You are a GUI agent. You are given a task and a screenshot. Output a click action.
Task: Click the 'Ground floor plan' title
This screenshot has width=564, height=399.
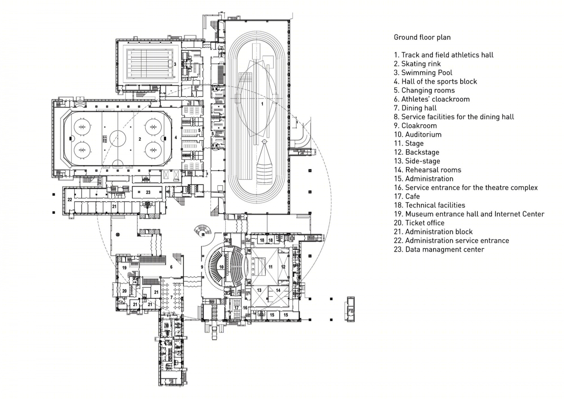pos(422,38)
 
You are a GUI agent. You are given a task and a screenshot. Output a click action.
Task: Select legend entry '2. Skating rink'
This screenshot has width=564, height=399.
pos(417,64)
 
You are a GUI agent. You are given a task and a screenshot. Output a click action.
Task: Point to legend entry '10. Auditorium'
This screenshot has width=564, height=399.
pos(418,135)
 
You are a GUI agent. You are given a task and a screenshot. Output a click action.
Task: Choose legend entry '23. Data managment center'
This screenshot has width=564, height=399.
pos(439,249)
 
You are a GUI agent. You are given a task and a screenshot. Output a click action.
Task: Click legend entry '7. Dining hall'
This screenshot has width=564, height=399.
pos(415,108)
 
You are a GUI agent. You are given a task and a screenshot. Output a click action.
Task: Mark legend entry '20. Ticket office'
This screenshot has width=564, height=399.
pos(419,223)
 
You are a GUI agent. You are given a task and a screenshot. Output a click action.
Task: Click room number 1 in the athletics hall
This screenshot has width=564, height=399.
pos(262,104)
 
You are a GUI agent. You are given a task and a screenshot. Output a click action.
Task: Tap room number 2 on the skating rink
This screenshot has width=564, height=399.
pos(140,139)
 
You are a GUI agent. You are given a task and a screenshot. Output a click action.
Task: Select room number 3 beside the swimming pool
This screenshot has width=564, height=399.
pos(175,64)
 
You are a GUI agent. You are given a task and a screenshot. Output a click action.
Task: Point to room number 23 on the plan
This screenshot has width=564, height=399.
pos(148,192)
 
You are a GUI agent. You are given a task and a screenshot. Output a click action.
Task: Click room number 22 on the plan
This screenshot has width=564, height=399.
pos(70,200)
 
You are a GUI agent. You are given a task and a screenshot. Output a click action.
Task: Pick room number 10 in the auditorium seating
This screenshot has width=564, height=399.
pos(221,267)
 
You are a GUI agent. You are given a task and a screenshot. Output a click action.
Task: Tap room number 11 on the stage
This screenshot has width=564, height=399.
pos(270,267)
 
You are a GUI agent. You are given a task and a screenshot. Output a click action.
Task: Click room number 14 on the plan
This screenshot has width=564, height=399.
pos(278,290)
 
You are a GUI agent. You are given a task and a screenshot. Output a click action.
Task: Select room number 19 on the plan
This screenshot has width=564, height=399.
pos(124,268)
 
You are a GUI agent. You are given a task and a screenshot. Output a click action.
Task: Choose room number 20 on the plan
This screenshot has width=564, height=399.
pos(124,291)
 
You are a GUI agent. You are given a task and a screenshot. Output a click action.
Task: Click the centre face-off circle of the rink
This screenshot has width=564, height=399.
pos(118,138)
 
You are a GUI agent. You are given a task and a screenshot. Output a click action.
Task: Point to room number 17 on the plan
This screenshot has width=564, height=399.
pos(237,308)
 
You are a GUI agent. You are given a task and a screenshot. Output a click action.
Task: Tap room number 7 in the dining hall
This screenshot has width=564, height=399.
pos(171,297)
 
